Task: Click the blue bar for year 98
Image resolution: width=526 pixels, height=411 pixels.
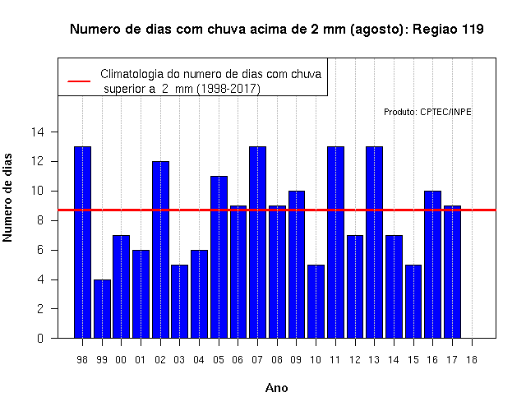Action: tap(82, 242)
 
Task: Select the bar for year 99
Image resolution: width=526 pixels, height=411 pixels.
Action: tap(102, 309)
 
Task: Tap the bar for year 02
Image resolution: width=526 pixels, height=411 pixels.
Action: tap(161, 250)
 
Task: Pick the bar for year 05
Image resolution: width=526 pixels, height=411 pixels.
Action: tap(219, 257)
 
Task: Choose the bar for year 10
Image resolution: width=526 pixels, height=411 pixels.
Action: tap(316, 302)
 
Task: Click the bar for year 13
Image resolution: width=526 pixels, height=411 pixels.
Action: tap(375, 242)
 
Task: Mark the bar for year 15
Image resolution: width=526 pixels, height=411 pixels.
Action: tap(413, 302)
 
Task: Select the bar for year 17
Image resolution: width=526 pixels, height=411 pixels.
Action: tap(452, 272)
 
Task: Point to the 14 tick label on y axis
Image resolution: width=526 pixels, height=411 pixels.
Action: tap(38, 132)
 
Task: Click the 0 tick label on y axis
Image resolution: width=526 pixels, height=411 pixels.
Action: tap(40, 338)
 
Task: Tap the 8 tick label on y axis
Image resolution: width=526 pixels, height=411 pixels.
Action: tap(40, 220)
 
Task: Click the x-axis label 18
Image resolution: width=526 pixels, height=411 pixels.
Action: tap(472, 360)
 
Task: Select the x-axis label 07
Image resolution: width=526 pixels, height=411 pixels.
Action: tap(257, 360)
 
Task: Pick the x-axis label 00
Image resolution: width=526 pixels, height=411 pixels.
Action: tap(121, 360)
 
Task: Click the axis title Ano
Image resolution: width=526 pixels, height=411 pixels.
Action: tap(277, 388)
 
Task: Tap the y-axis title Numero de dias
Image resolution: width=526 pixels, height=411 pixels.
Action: tap(7, 197)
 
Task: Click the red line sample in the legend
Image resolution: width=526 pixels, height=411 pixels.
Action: tap(79, 81)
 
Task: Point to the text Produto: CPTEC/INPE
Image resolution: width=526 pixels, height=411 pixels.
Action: tap(427, 112)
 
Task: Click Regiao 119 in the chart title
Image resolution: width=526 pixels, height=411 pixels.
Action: tap(448, 30)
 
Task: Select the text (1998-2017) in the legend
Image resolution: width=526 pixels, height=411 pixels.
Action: tap(228, 89)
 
